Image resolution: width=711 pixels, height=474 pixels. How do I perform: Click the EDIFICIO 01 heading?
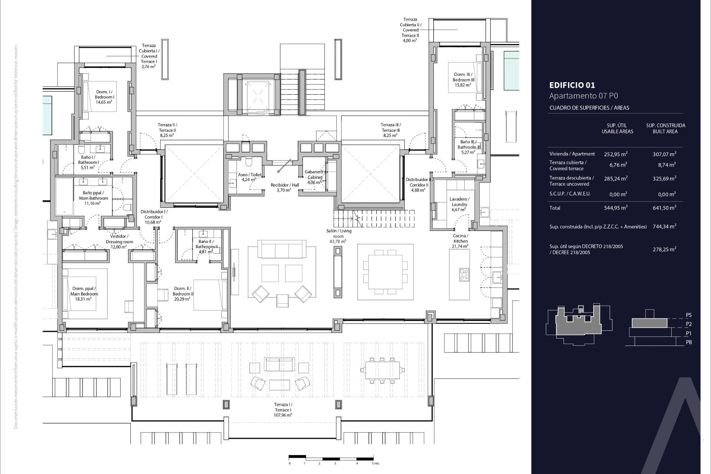[x=572, y=85]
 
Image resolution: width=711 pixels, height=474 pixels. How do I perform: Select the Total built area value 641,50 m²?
[x=664, y=208]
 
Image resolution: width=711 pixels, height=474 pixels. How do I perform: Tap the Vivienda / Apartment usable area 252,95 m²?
[x=615, y=154]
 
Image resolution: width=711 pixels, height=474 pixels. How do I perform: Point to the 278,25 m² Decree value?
[x=664, y=249]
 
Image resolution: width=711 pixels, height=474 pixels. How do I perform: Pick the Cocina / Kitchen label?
[x=460, y=241]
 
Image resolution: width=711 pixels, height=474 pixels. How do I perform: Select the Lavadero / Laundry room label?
[x=459, y=204]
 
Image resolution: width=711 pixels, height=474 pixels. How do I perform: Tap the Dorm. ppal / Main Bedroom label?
[x=84, y=294]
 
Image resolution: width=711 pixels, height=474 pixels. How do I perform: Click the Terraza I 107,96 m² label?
[x=283, y=410]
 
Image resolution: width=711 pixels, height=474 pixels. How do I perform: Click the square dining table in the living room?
[x=385, y=272]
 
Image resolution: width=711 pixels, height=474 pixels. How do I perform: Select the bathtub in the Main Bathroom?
[x=64, y=197]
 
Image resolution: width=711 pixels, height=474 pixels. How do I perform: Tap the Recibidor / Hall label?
[x=284, y=187]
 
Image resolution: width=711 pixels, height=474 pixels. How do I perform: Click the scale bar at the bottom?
[x=331, y=458]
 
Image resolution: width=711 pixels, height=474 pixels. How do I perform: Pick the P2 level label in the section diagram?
[x=688, y=324]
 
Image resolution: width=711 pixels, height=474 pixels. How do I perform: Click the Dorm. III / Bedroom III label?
[x=463, y=80]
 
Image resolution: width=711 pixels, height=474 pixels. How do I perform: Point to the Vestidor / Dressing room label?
[x=119, y=241]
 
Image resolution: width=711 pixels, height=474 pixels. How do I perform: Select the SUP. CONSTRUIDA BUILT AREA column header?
[x=665, y=128]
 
